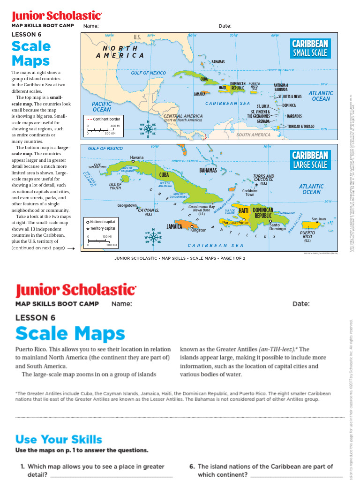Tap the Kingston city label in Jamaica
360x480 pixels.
click(x=198, y=230)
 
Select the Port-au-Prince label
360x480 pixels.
click(x=235, y=223)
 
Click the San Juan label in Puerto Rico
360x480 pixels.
click(x=318, y=219)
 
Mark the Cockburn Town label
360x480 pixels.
click(x=249, y=193)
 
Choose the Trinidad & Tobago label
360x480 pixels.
click(x=300, y=127)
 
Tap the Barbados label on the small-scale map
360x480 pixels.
click(x=294, y=116)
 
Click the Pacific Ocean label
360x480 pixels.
click(x=102, y=106)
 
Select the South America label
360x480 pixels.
click(x=253, y=135)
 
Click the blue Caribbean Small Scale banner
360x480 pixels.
click(x=310, y=48)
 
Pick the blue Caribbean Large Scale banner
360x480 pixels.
click(x=310, y=159)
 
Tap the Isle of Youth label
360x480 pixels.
click(x=115, y=186)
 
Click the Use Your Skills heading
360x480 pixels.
click(x=59, y=440)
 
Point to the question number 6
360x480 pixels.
click(x=192, y=466)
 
